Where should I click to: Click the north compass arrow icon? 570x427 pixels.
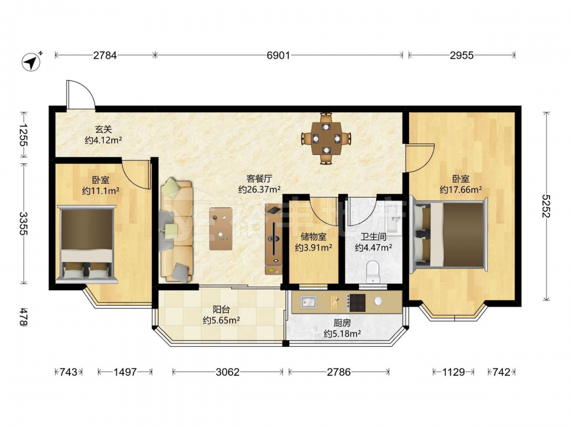[31, 61]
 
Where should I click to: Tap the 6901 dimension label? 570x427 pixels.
[278, 55]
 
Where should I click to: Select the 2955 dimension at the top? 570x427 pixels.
[462, 55]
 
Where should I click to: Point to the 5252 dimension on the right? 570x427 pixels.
[546, 206]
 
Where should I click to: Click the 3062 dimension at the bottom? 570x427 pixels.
[227, 372]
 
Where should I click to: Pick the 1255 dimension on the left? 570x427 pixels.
[23, 135]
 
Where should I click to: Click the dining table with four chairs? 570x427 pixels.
[326, 138]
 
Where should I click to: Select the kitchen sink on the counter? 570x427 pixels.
[309, 302]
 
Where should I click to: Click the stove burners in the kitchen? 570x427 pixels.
[357, 302]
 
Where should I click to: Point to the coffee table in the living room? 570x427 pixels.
[221, 229]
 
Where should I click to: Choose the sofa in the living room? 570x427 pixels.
[176, 230]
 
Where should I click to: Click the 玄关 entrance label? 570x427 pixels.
[103, 129]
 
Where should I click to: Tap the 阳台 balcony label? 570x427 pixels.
[221, 309]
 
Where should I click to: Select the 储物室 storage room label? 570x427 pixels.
[313, 237]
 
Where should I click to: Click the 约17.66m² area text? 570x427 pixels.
[461, 190]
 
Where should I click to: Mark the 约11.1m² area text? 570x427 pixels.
[101, 191]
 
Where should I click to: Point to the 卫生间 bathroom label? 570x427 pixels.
[373, 237]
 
